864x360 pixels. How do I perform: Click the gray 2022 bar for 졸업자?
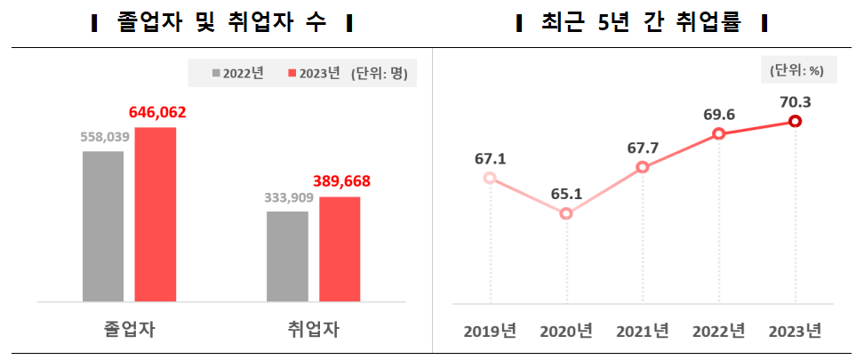point(103,227)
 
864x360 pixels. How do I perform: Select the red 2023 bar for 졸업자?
point(156,214)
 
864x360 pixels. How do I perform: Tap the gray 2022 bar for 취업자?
point(288,257)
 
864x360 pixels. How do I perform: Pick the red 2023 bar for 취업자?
point(340,249)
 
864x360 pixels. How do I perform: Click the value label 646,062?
point(157,113)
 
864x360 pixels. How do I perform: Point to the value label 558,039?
point(105,137)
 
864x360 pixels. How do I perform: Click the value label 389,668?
point(340,181)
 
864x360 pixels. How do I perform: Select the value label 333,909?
point(288,197)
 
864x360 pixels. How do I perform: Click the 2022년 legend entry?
point(237,74)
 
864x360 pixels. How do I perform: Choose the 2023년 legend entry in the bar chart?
point(316,74)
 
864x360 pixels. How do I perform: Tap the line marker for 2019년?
point(490,178)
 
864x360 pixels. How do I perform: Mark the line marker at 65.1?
point(566,213)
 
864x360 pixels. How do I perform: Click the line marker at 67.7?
point(643,167)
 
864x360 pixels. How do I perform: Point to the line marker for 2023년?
point(796,122)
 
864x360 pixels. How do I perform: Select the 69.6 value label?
point(718,115)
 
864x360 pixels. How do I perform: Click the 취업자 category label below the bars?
point(314,329)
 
